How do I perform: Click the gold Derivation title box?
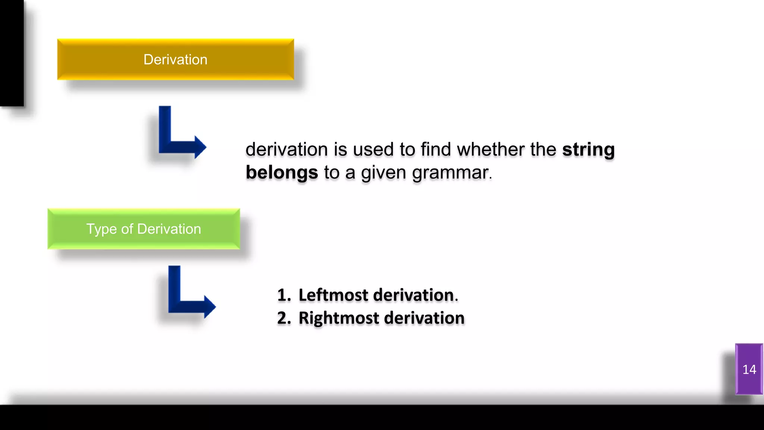[x=175, y=59]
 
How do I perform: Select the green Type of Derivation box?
[x=144, y=229]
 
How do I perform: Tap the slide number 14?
[x=749, y=369]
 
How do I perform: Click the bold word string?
[x=588, y=149]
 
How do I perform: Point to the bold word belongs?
[x=282, y=172]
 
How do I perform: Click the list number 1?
[x=283, y=295]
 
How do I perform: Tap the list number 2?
[x=283, y=318]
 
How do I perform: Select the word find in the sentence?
[x=436, y=149]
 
